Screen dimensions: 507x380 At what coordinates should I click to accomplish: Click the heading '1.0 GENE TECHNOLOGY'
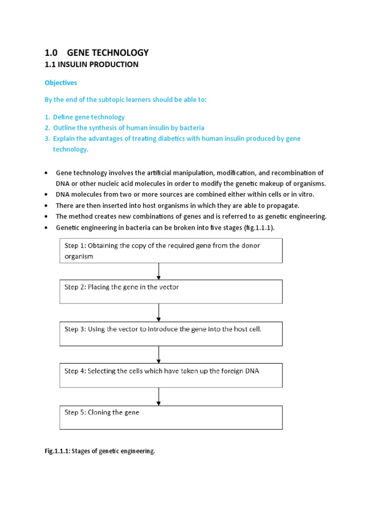[96, 52]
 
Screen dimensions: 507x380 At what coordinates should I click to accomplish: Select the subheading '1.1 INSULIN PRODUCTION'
[92, 65]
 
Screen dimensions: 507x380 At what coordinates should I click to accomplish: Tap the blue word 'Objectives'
[61, 83]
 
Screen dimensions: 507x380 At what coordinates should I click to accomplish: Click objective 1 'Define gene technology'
[89, 117]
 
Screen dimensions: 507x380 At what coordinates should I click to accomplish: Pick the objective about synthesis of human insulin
[128, 128]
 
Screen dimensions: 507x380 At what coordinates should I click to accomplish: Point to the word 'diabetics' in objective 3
[159, 139]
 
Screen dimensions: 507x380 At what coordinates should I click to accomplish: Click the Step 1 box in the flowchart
[171, 251]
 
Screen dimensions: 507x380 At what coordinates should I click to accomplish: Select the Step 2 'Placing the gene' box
[171, 292]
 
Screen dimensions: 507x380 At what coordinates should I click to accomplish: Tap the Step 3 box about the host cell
[171, 334]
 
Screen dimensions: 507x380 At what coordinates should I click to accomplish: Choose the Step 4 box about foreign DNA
[171, 375]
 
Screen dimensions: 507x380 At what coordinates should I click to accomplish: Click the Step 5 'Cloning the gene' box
[171, 417]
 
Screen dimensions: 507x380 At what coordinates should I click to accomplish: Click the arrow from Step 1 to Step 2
[158, 271]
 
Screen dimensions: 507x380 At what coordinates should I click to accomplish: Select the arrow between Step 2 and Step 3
[158, 313]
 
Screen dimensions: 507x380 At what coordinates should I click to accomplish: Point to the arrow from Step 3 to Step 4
[158, 355]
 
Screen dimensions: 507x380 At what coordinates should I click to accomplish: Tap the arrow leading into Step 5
[158, 397]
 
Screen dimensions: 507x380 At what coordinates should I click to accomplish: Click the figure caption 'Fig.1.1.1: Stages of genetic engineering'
[100, 451]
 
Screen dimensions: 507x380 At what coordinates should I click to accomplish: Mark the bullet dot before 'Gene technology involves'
[46, 173]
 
